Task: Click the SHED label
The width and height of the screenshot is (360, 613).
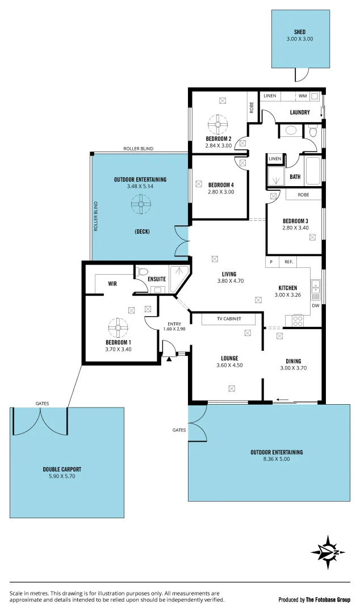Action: (299, 32)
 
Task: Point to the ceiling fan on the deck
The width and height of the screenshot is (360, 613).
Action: (140, 204)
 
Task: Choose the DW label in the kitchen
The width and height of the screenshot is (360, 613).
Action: (315, 306)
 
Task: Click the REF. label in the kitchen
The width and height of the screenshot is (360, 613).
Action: (288, 262)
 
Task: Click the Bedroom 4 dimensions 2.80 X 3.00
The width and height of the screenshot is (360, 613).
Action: (221, 192)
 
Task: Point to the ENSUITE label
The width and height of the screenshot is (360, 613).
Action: (157, 279)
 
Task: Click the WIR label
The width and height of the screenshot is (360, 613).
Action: (112, 283)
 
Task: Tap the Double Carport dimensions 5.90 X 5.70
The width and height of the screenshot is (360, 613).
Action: (62, 477)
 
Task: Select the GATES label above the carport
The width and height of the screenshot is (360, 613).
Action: (42, 404)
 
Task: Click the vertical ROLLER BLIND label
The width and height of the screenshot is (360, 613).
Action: (96, 216)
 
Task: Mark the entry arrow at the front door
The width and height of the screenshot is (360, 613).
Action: (169, 359)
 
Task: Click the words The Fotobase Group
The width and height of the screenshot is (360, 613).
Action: (328, 599)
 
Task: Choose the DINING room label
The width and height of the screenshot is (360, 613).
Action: (293, 361)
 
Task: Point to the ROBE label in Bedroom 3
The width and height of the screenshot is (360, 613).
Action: (303, 194)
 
